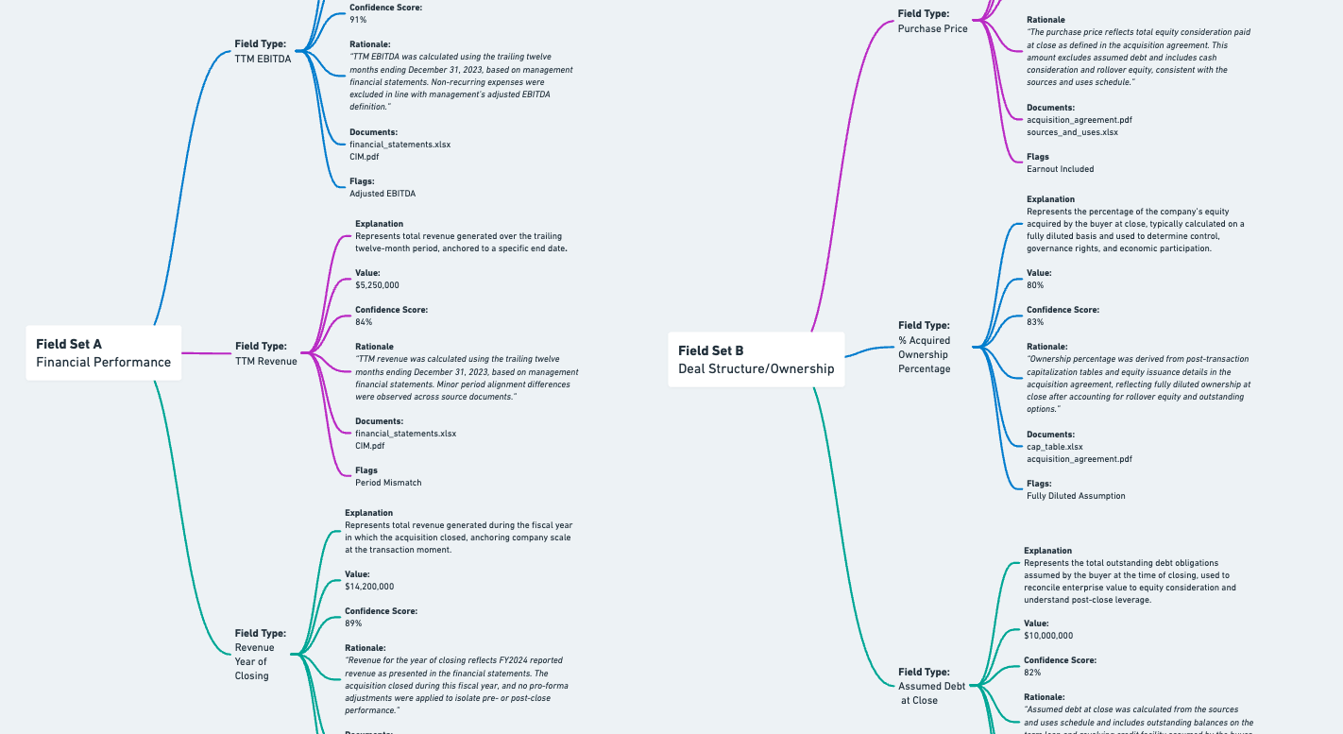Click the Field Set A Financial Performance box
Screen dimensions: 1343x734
[103, 352]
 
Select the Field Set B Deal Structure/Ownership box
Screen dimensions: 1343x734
[756, 359]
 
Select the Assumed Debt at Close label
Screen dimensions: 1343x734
[931, 687]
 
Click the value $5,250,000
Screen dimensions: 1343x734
[377, 285]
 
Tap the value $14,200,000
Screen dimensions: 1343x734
[369, 587]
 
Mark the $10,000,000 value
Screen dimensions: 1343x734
[1048, 636]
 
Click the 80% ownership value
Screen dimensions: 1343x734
[1035, 285]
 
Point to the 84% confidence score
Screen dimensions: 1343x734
[364, 322]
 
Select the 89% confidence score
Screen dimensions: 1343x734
[353, 623]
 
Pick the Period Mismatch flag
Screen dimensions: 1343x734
[388, 483]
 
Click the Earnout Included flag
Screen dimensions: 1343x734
[1060, 169]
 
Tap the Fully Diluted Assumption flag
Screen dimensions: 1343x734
[1076, 496]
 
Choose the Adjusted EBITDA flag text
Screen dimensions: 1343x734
[382, 194]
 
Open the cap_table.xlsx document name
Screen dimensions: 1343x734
[1055, 447]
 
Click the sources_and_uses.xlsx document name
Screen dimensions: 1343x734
[1072, 132]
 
